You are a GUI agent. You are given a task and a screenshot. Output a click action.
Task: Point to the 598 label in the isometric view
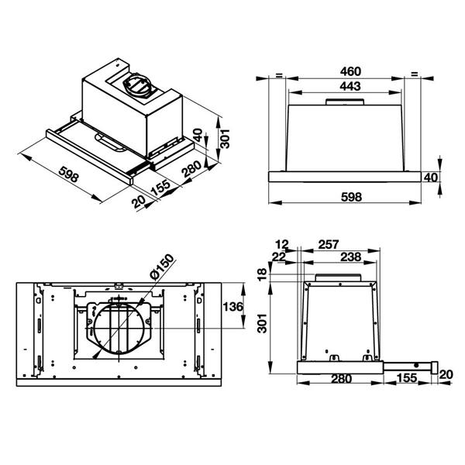pos(68,174)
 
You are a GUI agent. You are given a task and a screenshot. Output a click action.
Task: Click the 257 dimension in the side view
pos(328,245)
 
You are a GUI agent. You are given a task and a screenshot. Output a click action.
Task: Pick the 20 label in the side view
pos(446,375)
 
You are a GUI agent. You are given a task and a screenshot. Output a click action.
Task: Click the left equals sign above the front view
pos(277,74)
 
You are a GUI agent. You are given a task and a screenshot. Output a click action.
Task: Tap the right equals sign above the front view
pos(415,74)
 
